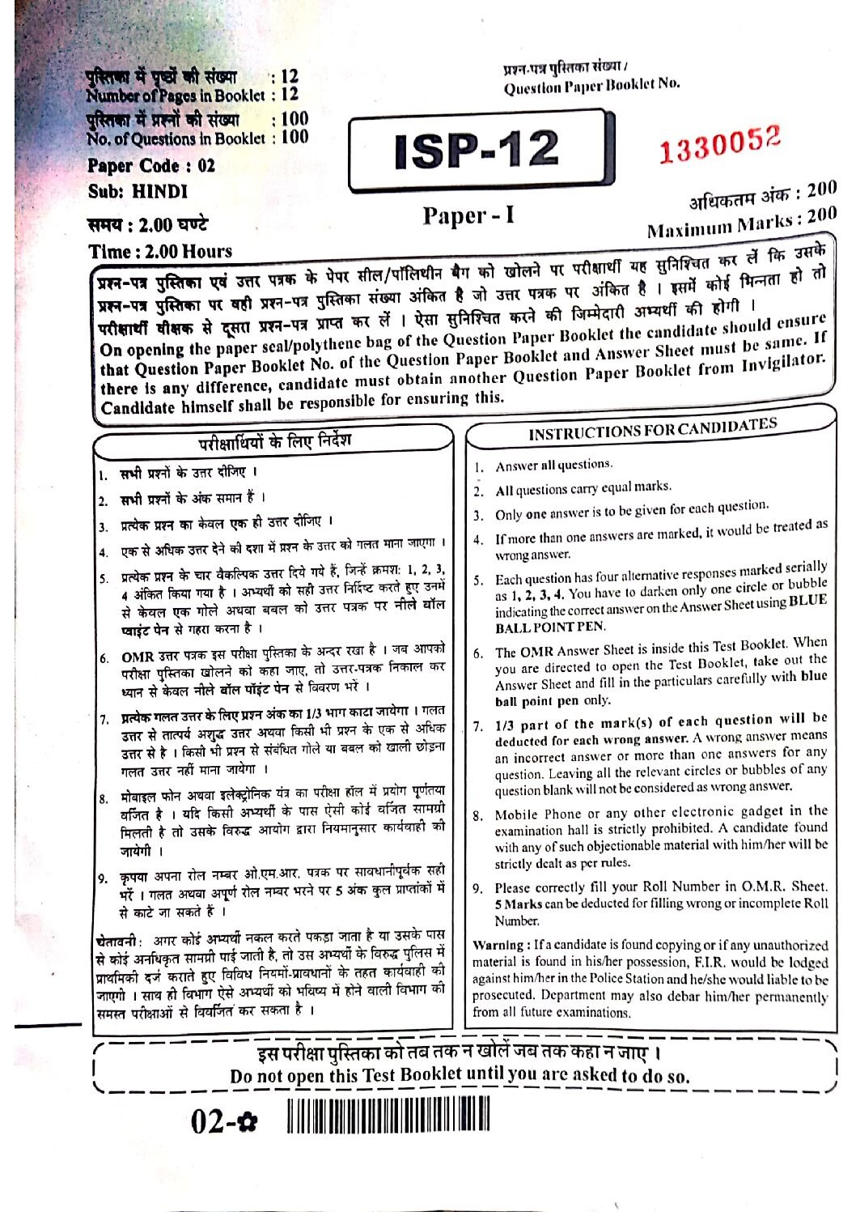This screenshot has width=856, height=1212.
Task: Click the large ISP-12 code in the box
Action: tap(477, 151)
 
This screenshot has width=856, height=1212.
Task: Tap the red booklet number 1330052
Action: tap(719, 145)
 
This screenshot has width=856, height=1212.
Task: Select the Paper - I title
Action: tap(468, 215)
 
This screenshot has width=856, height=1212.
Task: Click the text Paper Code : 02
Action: tap(151, 166)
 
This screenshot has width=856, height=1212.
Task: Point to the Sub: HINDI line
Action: tap(138, 192)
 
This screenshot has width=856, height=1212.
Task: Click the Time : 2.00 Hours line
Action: tap(160, 250)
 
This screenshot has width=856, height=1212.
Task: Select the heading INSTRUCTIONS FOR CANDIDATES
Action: tap(652, 428)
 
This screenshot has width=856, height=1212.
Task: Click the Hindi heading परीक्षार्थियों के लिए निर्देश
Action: tap(275, 442)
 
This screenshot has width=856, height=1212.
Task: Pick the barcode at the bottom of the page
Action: tap(388, 1119)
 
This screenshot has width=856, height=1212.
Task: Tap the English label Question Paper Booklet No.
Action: tap(591, 85)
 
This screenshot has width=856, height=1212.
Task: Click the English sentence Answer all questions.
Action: tap(553, 465)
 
